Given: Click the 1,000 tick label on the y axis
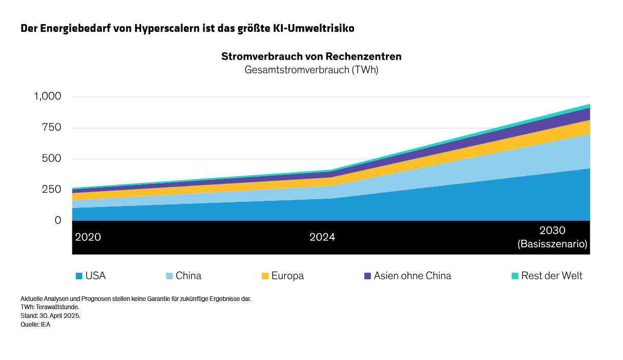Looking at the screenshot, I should coord(47,97).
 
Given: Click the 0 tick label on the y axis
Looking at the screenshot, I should coord(57,220).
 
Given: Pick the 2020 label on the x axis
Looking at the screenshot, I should coord(88,237).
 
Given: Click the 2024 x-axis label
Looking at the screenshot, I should coord(322,237).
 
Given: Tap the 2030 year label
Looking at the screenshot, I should coord(552,231).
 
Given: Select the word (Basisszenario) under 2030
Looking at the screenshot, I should coord(552,244).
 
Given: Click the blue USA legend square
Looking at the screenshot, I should coord(79,276).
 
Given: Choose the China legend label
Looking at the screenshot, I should coord(188,276).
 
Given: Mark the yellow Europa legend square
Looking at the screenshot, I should coord(265,276).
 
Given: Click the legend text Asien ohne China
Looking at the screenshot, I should coord(412,276).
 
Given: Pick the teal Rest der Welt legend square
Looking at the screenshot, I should coord(515,276).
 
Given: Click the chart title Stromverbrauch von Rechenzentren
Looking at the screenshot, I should coord(311,56).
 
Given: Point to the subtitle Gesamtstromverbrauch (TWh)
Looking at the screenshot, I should coord(311,70).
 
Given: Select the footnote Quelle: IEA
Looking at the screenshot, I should coord(35,324).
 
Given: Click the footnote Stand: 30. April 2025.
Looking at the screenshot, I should coord(50,315).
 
